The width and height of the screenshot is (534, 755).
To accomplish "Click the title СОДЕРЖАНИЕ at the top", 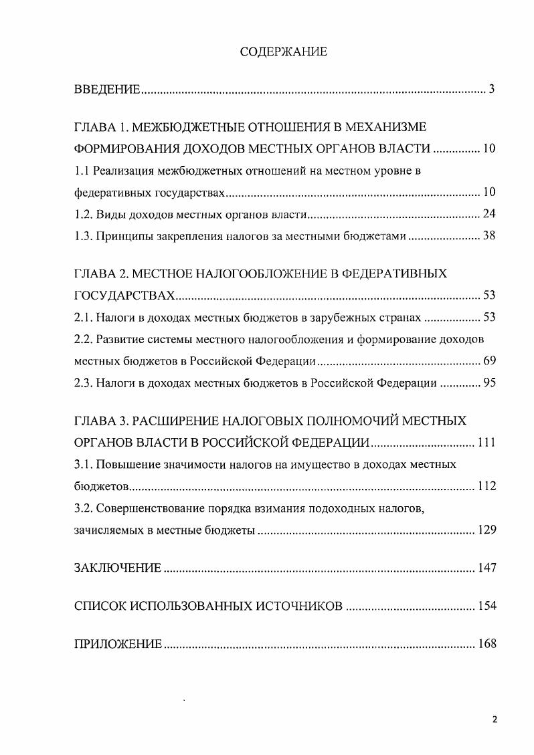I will pos(283,52).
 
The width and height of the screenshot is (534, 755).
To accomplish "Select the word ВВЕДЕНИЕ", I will pos(106,90).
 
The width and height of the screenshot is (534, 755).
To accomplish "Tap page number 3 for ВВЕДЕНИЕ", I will pos(491,89).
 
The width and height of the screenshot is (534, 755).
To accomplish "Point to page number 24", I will pos(488,215).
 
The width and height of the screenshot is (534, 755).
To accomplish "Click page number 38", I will pos(488,236).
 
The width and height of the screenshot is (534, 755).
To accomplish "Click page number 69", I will pos(488,362).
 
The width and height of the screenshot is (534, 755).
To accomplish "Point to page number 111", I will pos(486,442).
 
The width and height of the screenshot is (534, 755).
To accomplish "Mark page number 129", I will pos(486,530).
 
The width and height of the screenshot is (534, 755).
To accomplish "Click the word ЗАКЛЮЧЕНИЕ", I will pos(117,568).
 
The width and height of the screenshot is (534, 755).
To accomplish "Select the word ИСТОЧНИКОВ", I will pos(299,607).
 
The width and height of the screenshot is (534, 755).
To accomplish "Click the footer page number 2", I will pos(494,720).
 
